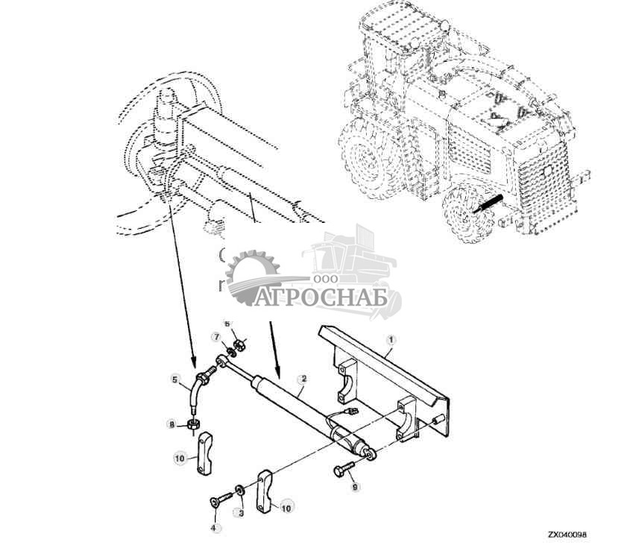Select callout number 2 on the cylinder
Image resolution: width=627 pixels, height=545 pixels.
point(303,379)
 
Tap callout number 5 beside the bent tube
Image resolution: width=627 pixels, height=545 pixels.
point(176,380)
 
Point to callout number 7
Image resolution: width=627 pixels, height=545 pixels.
point(216,336)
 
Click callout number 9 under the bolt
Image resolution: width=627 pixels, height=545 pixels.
point(355,487)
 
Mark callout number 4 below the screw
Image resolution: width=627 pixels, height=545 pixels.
point(212,528)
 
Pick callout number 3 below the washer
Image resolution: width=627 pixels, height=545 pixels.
point(241,513)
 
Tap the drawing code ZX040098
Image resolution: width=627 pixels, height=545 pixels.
point(567,535)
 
